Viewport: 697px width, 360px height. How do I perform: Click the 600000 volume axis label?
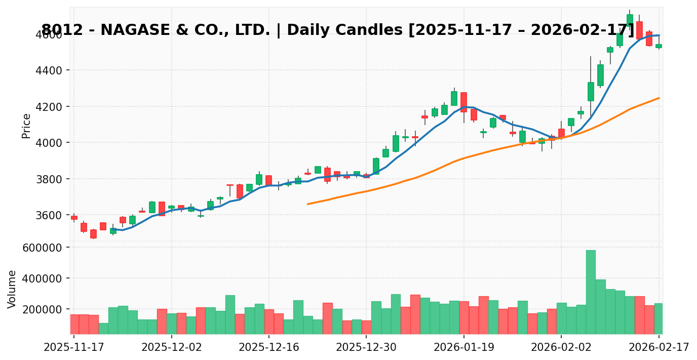pyautogui.click(x=41, y=248)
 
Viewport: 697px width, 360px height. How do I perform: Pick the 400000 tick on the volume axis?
pyautogui.click(x=41, y=278)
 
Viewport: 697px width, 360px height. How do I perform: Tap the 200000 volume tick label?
pyautogui.click(x=41, y=309)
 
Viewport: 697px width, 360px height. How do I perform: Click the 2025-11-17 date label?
pyautogui.click(x=74, y=348)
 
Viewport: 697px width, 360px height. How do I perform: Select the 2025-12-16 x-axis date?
pyautogui.click(x=268, y=348)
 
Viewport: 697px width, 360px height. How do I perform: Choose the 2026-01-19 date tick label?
pyautogui.click(x=463, y=348)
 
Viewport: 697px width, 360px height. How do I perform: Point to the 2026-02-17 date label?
pyautogui.click(x=659, y=348)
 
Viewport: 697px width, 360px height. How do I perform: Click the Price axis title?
pyautogui.click(x=26, y=126)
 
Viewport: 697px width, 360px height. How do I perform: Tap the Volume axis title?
pyautogui.click(x=12, y=289)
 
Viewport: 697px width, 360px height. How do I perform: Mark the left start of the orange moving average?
pyautogui.click(x=307, y=204)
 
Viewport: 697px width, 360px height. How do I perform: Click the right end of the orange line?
pyautogui.click(x=659, y=98)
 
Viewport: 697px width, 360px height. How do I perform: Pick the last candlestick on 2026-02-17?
pyautogui.click(x=659, y=46)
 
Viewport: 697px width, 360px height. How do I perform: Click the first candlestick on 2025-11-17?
pyautogui.click(x=74, y=218)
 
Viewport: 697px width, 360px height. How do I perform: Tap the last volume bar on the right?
pyautogui.click(x=659, y=318)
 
